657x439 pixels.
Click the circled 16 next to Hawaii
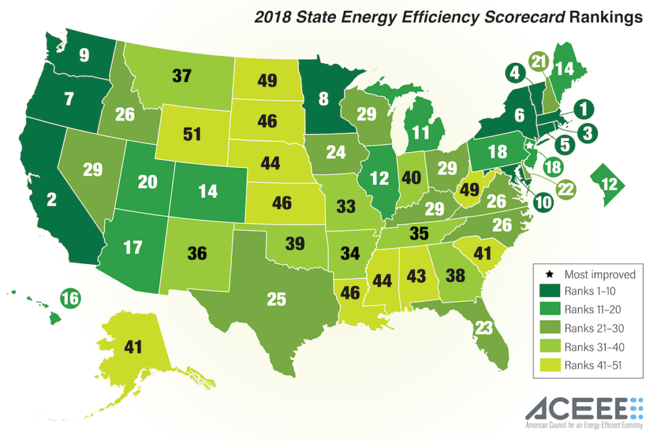[x=71, y=299]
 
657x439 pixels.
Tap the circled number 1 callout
[x=584, y=110]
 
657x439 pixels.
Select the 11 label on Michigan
[x=420, y=133]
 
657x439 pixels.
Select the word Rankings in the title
[x=605, y=17]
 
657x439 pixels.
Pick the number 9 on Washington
[x=84, y=55]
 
